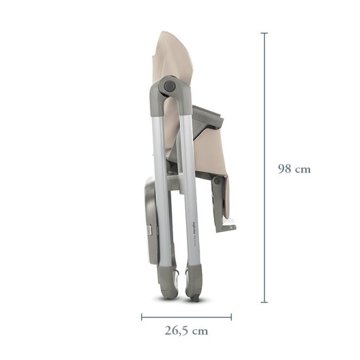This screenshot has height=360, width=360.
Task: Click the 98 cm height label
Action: (294, 169)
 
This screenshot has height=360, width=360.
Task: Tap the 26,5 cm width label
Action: (186, 330)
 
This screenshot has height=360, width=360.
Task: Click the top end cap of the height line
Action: (264, 33)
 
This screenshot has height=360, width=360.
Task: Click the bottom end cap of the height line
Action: (264, 302)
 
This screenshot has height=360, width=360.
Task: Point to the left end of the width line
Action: (142, 317)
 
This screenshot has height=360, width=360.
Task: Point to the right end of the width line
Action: (231, 317)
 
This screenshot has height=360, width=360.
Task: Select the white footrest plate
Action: (227, 223)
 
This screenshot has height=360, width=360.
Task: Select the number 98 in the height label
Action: (285, 169)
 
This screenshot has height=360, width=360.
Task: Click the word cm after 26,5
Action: (200, 330)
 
